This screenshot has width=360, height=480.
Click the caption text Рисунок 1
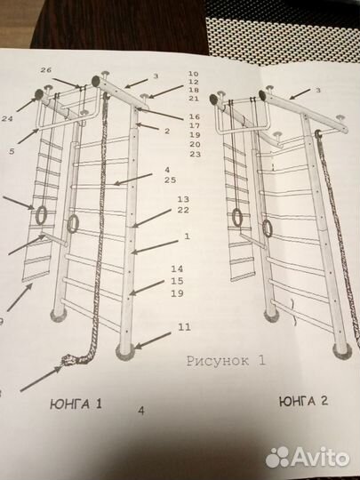pos(226,361)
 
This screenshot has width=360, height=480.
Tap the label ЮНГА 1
pos(76,404)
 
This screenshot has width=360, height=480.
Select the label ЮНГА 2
pos(304,401)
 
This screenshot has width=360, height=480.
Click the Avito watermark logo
pos(308,458)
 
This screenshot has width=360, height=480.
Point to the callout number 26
pos(46,70)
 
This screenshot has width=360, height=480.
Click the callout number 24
pos(7,118)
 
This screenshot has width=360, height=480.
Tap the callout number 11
pos(184,327)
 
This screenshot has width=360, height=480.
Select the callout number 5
pos(12,151)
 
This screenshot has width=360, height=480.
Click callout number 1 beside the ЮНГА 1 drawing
pos(187,236)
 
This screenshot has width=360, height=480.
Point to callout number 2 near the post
pos(167,132)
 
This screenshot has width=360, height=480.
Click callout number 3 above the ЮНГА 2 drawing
pos(318,91)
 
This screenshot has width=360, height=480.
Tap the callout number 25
pos(170,180)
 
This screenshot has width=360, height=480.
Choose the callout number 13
pos(183,199)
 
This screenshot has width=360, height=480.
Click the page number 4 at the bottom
pos(141,411)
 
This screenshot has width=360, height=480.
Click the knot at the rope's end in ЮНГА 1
pos(70,359)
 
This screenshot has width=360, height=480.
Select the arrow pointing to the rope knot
pos(41,379)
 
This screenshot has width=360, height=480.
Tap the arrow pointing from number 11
pos(153,340)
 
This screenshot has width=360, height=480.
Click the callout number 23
pos(195,154)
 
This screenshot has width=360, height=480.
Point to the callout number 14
pos(177,269)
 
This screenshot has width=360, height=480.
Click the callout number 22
pos(183,210)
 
